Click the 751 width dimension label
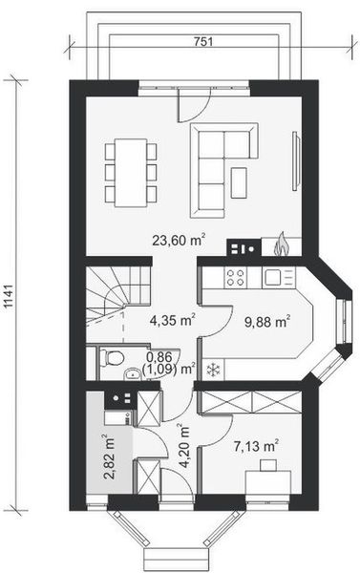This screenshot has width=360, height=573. [202, 42]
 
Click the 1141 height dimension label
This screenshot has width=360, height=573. [10, 296]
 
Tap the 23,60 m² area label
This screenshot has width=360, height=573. [179, 240]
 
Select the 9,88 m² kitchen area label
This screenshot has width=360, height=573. [268, 322]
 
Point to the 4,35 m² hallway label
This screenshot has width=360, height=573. [172, 320]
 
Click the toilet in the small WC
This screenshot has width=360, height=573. [112, 357]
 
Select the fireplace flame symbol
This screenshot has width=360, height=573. [282, 244]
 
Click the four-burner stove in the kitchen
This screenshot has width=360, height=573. [235, 277]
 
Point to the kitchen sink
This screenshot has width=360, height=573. [272, 277]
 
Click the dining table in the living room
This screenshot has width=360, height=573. [131, 173]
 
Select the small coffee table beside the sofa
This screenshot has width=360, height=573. [239, 182]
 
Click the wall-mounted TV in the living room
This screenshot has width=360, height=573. [295, 160]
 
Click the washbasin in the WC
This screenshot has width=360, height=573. [133, 374]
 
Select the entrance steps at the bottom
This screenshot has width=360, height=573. [178, 560]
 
